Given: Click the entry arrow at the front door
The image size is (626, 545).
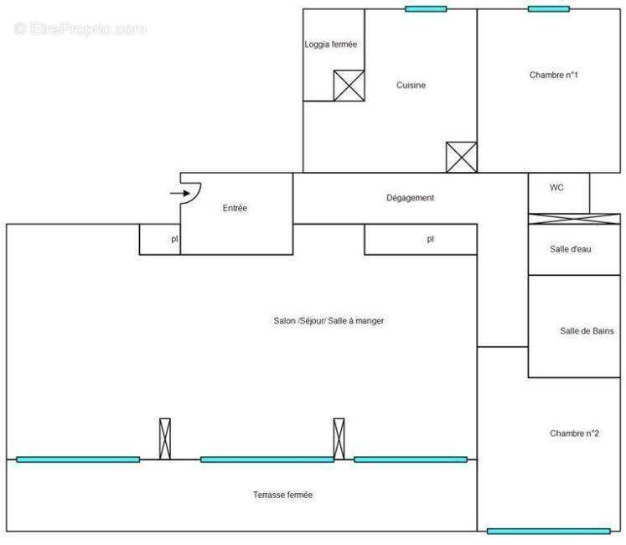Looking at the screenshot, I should (x=178, y=194).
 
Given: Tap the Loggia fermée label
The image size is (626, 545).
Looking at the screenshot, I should (x=332, y=44).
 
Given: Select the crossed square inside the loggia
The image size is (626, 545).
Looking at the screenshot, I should (x=347, y=85).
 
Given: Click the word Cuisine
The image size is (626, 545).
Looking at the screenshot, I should (x=411, y=85).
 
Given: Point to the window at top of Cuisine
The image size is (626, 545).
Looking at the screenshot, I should (x=426, y=9).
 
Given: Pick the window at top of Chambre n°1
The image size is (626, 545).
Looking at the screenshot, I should (x=549, y=9).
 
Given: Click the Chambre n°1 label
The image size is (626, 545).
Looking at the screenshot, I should (x=554, y=75).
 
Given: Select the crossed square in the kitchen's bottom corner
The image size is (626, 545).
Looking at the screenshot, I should (x=461, y=157).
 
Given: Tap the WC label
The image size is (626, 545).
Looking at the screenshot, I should (x=556, y=188).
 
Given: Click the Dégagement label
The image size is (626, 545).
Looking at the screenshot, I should (x=410, y=198).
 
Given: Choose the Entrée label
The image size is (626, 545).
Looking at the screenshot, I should (x=235, y=208).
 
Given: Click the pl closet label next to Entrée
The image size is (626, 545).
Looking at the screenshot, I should (x=174, y=239).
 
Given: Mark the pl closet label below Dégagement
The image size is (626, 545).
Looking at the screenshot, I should (x=430, y=239).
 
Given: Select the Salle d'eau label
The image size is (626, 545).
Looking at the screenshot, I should (x=572, y=248).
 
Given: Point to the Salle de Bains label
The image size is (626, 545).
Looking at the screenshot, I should (x=587, y=330).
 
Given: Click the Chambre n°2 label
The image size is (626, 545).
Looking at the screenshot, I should (x=574, y=433).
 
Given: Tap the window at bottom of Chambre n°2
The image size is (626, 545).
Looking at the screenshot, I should (x=548, y=531).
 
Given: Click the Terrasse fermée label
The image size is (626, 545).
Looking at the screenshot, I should (x=282, y=495).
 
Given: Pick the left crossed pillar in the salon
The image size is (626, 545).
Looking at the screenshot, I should (x=164, y=438).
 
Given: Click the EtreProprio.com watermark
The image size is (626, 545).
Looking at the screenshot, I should (x=80, y=29).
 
